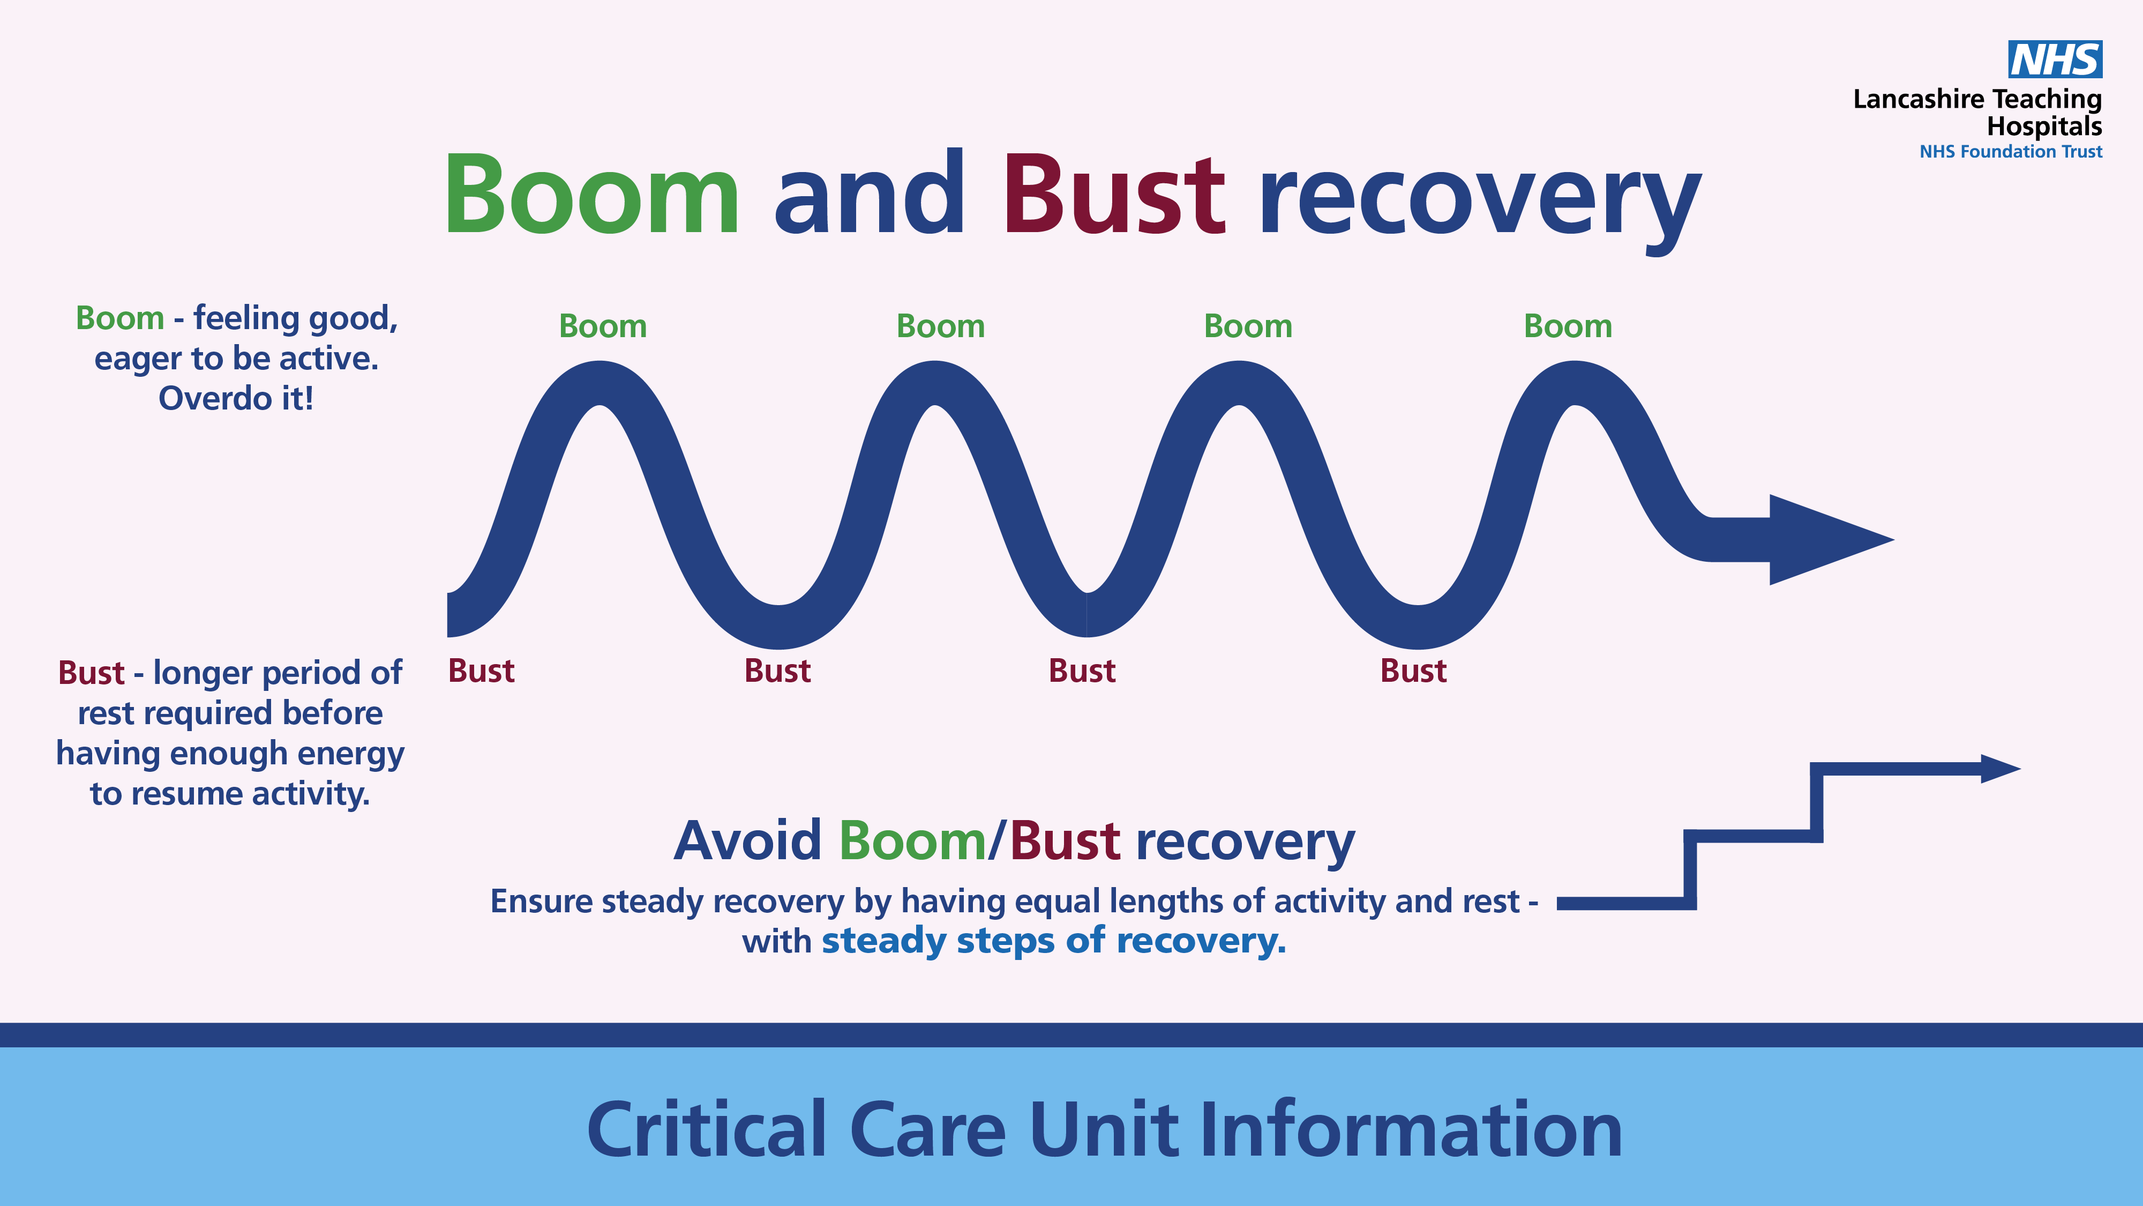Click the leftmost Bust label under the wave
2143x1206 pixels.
coord(482,671)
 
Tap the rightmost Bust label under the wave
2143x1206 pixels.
coord(1413,671)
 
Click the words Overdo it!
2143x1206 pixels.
coord(236,399)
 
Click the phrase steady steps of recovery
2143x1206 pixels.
coord(1054,941)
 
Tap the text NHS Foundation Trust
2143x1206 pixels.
coord(2011,152)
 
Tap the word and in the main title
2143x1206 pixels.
coord(870,193)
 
